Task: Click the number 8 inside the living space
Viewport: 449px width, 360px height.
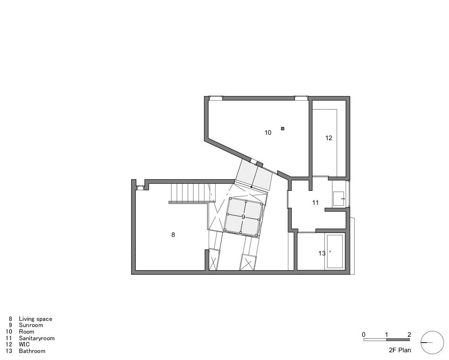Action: [x=173, y=235]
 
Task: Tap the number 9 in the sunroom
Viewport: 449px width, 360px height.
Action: [x=243, y=217]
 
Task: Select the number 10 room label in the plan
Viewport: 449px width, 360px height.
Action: [x=268, y=133]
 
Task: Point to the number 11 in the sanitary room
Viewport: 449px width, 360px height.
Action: [x=315, y=203]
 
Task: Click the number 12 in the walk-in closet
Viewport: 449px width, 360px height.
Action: [x=329, y=138]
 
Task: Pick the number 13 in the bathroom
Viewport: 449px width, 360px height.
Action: [x=322, y=254]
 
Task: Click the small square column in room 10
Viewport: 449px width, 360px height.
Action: [x=283, y=129]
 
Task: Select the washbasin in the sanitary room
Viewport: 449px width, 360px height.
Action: [x=338, y=199]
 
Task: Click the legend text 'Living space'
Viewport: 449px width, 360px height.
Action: [x=36, y=319]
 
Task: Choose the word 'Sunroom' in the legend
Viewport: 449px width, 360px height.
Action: [x=31, y=325]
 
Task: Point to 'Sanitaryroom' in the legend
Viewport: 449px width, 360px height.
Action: [x=37, y=338]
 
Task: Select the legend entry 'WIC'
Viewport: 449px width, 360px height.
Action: [x=24, y=345]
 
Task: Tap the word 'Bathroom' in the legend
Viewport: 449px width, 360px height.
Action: [x=32, y=351]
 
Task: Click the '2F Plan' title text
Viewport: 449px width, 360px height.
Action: [x=400, y=350]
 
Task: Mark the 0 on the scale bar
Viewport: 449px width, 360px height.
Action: [x=364, y=334]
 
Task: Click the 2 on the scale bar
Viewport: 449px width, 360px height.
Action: [x=409, y=334]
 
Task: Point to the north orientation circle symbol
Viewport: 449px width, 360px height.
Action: [x=432, y=343]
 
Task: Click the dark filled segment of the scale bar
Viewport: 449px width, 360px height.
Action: [x=398, y=339]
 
